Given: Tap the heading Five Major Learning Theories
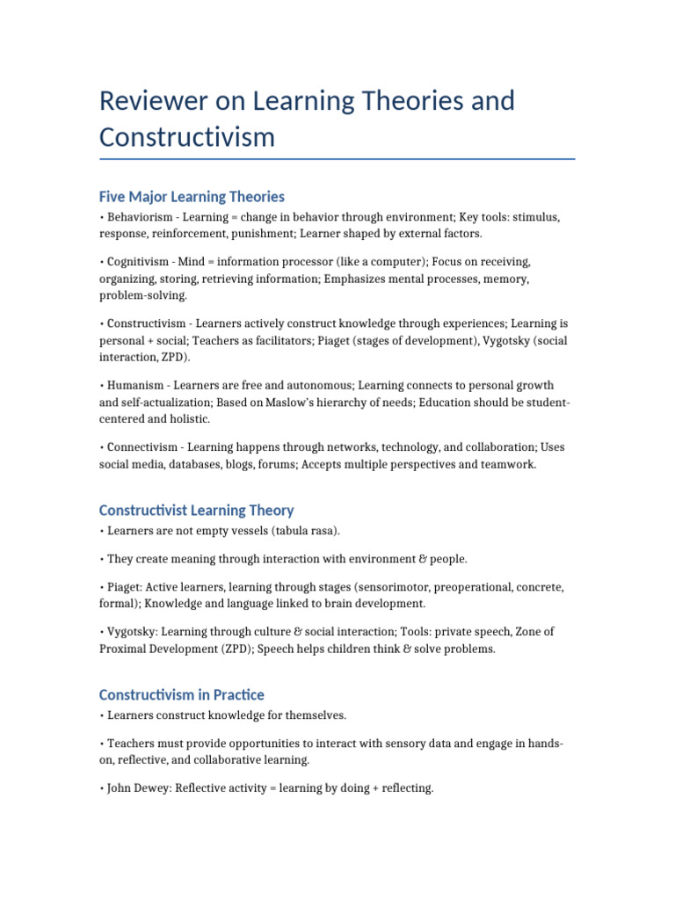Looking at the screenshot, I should point(192,196).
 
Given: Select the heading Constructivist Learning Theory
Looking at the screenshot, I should point(196,510).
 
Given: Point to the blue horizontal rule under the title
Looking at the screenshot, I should point(337,159).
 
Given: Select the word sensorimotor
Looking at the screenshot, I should point(376,585).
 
